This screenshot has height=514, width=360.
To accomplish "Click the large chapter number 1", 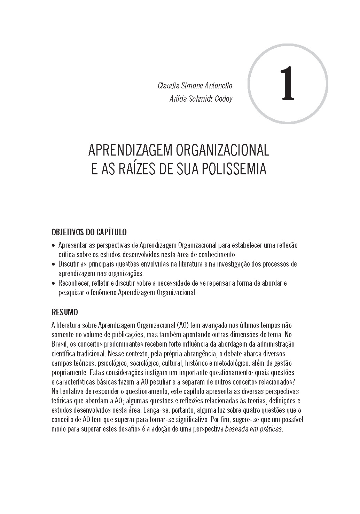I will tap(288, 84).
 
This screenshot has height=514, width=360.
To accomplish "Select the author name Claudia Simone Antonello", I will tap(195, 86).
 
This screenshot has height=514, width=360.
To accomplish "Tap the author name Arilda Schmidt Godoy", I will tap(201, 99).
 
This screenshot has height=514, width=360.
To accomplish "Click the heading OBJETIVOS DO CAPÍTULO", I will tap(89, 232).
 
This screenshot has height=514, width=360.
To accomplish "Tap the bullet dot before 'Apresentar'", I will tap(53, 246).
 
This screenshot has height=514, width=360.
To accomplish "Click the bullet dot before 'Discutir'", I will tap(53, 264).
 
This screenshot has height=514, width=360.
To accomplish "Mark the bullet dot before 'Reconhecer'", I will tap(53, 283).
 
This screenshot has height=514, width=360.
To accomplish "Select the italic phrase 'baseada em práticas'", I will tap(253, 429).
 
